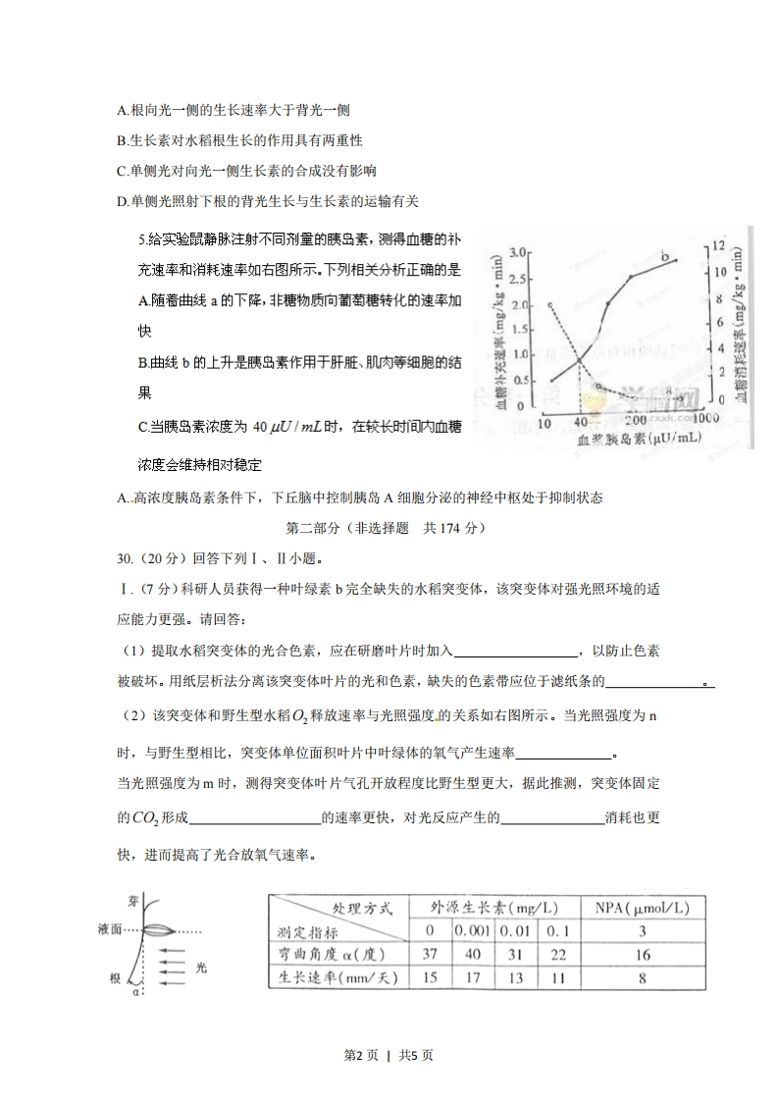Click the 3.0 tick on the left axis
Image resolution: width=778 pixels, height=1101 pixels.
(519, 253)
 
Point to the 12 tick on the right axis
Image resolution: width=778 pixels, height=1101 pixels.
(718, 245)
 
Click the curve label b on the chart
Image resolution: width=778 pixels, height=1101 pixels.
(666, 257)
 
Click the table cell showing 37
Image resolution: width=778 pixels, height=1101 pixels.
(429, 954)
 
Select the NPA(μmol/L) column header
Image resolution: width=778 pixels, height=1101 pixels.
(643, 908)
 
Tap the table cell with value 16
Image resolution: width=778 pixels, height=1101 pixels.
(643, 954)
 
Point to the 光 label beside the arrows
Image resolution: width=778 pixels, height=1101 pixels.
(201, 967)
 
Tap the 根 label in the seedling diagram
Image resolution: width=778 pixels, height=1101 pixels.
(116, 978)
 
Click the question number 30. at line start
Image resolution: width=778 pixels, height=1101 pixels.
(125, 558)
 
